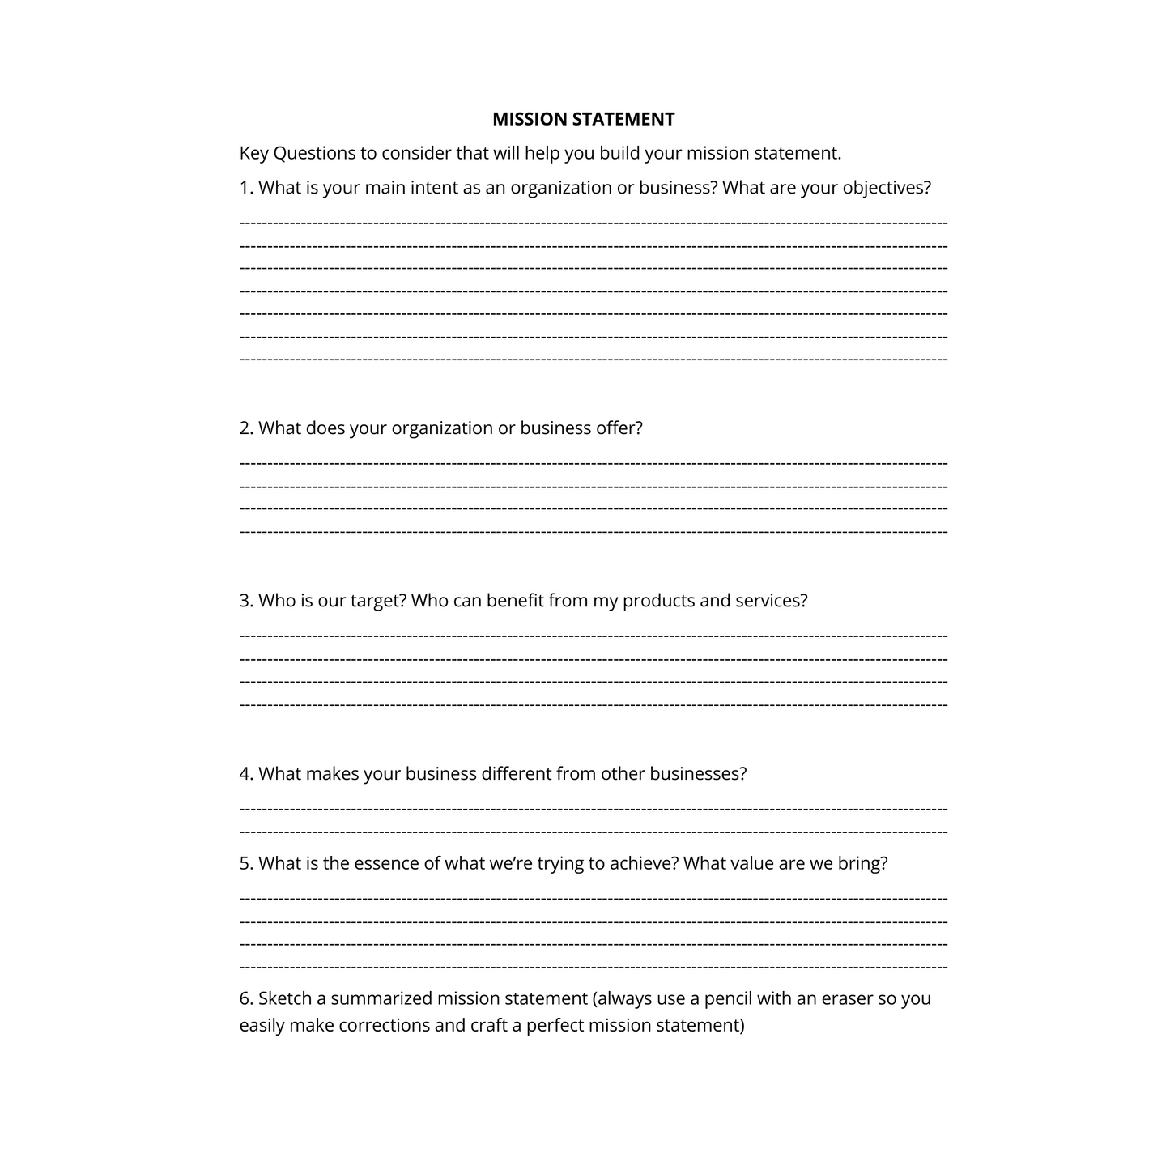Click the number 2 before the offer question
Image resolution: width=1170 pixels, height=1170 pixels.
point(245,428)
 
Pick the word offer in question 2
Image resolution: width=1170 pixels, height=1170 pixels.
point(619,428)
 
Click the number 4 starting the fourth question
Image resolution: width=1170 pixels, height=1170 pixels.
point(245,774)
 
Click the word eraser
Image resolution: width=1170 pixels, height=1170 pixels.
point(847,999)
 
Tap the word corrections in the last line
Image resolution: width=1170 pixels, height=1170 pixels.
point(384,1026)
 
